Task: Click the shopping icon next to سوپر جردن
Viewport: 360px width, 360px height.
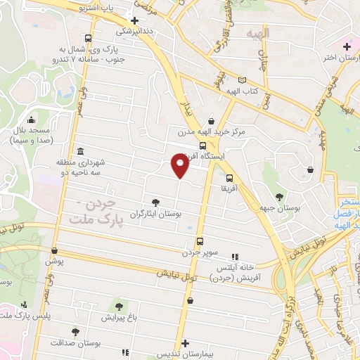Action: [x=200, y=240]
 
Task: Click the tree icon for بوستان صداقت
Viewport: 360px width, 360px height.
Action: [x=75, y=331]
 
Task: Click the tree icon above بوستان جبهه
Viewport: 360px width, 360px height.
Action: [x=280, y=198]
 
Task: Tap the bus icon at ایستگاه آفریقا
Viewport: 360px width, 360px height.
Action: [x=202, y=146]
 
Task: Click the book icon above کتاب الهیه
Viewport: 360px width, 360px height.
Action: [x=242, y=81]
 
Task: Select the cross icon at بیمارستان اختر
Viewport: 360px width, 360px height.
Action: [x=345, y=47]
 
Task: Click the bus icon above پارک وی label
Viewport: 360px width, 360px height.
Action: [x=87, y=39]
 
